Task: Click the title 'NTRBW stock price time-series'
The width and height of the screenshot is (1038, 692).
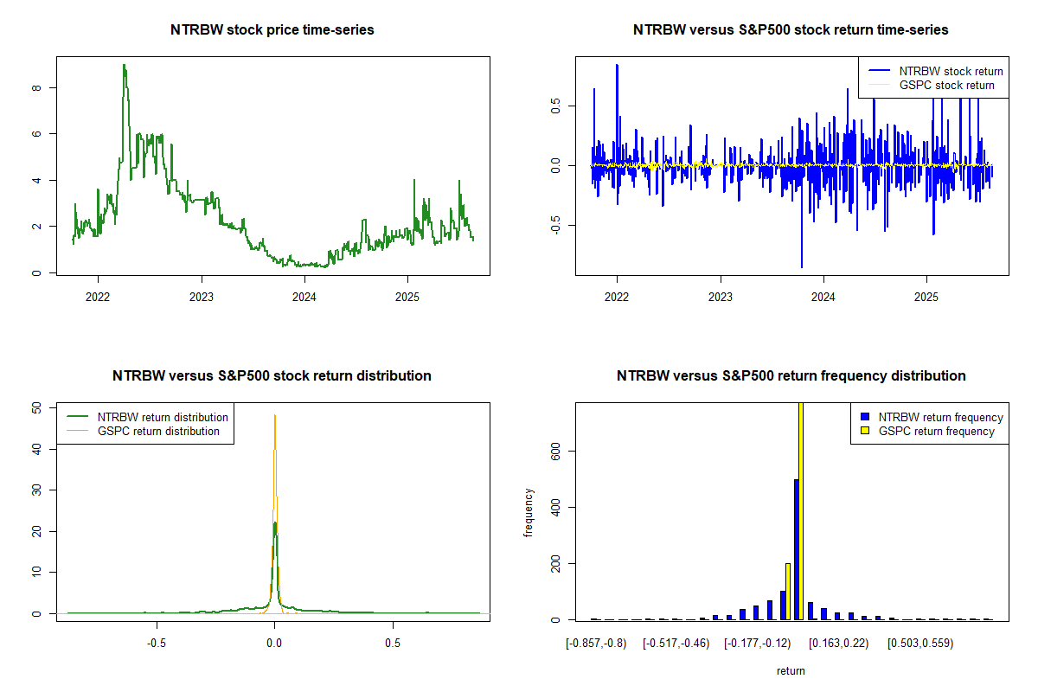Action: point(272,30)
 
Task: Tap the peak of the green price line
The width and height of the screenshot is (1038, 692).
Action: point(124,66)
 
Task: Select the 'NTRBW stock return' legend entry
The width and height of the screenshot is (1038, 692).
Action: point(951,71)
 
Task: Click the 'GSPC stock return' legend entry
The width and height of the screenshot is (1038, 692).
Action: point(946,85)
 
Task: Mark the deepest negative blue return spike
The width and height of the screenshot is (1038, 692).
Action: point(802,266)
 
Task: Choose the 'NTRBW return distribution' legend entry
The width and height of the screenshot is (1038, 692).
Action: point(163,417)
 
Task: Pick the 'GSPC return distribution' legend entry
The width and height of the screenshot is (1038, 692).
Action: point(158,431)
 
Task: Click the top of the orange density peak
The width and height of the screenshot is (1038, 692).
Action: point(275,416)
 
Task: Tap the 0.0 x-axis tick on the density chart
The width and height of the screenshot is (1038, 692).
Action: point(274,644)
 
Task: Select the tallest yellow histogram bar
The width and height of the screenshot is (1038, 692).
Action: point(800,510)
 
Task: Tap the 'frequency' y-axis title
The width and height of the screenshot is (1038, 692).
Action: point(529,512)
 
